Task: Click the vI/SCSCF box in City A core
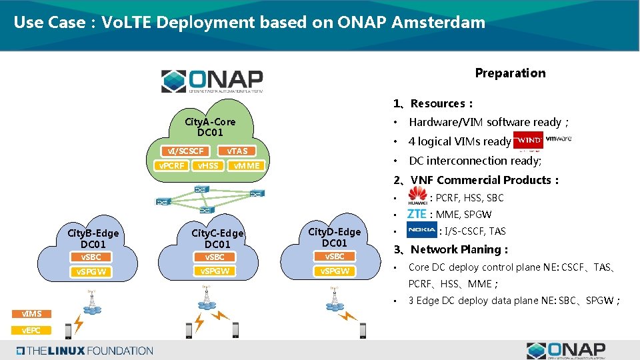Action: (186, 151)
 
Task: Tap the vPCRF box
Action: (170, 165)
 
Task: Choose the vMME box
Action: (245, 165)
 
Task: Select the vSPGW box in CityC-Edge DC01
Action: (215, 271)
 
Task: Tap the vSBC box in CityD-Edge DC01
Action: (335, 257)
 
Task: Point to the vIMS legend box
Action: (31, 313)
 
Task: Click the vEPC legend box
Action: (31, 331)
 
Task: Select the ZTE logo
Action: (417, 214)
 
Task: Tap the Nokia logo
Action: (421, 231)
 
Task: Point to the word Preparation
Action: (510, 73)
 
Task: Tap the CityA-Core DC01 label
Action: (210, 127)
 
